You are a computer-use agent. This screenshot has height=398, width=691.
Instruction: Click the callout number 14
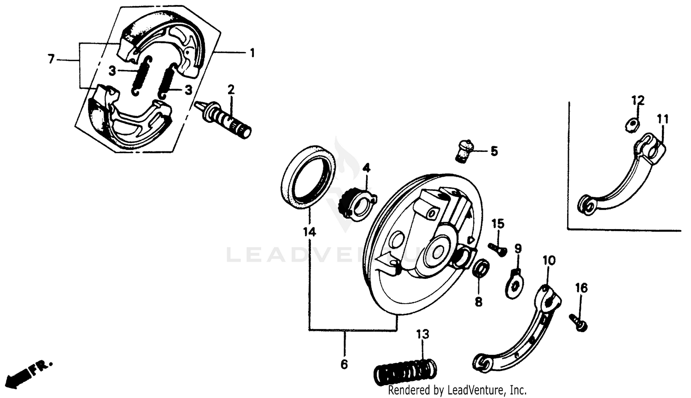(310, 232)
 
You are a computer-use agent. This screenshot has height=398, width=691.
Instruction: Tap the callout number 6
(344, 364)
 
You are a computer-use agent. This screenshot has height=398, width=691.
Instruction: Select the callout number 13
(422, 334)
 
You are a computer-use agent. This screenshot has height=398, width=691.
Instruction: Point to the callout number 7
(51, 59)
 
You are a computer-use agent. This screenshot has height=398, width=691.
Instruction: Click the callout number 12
(638, 100)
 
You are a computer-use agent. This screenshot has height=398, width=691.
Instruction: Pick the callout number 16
(581, 288)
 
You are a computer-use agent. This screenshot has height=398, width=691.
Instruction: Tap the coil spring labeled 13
(405, 368)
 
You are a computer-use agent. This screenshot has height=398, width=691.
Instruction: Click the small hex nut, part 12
(632, 123)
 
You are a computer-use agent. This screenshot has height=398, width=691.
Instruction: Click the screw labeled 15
(498, 248)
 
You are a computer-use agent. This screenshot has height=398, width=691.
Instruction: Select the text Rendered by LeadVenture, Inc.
(457, 391)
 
